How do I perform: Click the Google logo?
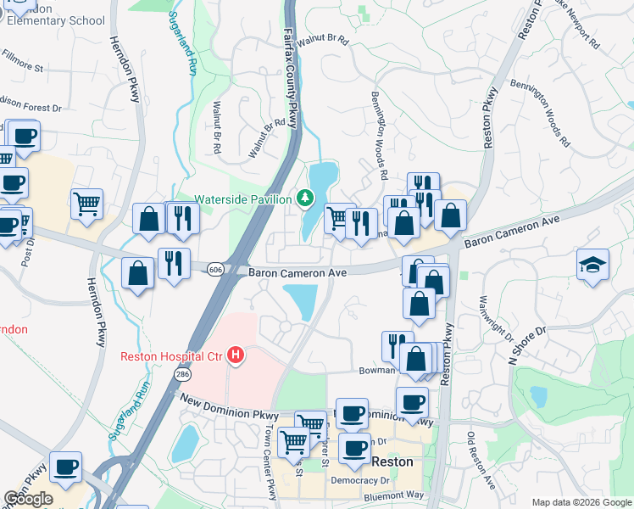[28, 498]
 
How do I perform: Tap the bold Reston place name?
[392, 462]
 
